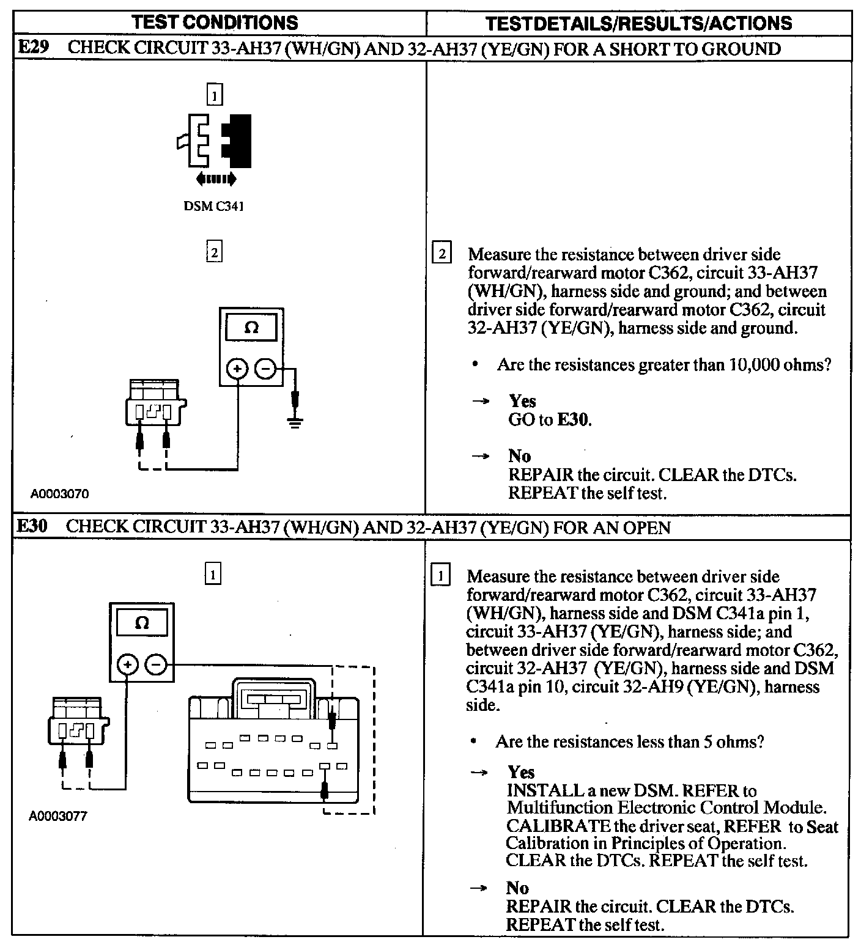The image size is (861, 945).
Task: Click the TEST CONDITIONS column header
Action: [x=215, y=23]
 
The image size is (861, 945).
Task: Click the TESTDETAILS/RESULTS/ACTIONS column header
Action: [x=638, y=24]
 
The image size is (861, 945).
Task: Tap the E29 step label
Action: [x=33, y=48]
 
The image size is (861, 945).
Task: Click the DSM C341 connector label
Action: [x=214, y=206]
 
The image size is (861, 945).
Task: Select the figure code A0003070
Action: [x=60, y=494]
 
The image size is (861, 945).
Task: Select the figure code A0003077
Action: [x=58, y=816]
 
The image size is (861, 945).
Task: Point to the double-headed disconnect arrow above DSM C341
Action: [x=215, y=179]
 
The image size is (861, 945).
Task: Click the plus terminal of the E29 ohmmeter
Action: [x=237, y=369]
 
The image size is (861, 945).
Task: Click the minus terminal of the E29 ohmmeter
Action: [x=265, y=369]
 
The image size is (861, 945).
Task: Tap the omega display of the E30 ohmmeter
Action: [x=141, y=623]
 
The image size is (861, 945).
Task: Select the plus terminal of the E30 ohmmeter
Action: [x=127, y=664]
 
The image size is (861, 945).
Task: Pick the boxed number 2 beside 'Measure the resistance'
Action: [x=442, y=254]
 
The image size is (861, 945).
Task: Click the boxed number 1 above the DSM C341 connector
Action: [x=214, y=95]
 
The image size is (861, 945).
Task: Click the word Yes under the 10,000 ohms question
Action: [x=522, y=401]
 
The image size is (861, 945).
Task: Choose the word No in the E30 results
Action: [x=517, y=888]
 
